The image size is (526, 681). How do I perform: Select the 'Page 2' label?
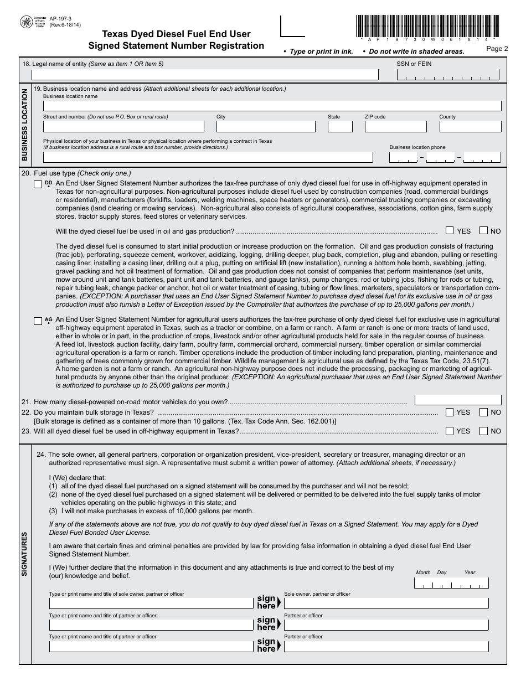pyautogui.click(x=497, y=49)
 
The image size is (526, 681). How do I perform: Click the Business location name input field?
pyautogui.click(x=272, y=106)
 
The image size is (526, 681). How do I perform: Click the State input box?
pyautogui.click(x=339, y=126)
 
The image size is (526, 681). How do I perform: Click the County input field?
pyautogui.click(x=470, y=126)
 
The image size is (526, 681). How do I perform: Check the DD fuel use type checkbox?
pyautogui.click(x=38, y=184)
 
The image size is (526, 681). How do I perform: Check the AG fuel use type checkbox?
pyautogui.click(x=38, y=321)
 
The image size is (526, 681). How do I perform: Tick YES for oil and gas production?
pyautogui.click(x=450, y=230)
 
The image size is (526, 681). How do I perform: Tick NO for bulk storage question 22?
pyautogui.click(x=483, y=412)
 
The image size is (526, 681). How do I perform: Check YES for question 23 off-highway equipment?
pyautogui.click(x=450, y=431)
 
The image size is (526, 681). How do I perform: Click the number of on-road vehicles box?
pyautogui.click(x=458, y=399)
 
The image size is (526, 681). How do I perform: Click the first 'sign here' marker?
pyautogui.click(x=269, y=602)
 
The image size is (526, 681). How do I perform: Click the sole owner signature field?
pyautogui.click(x=386, y=603)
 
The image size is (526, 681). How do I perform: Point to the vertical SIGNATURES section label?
pyautogui.click(x=24, y=554)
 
